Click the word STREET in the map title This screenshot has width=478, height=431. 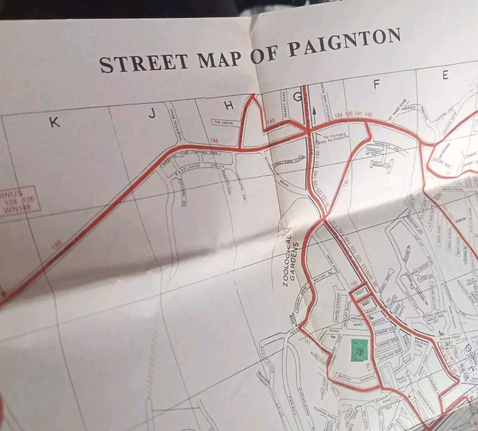point(144,62)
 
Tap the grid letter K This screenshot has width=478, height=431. point(54,122)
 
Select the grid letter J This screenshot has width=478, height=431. point(152,114)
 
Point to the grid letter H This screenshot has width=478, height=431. point(229,105)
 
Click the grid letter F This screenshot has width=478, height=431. point(376,85)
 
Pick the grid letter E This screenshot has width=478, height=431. point(445,75)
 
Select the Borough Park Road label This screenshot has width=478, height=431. point(329,106)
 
